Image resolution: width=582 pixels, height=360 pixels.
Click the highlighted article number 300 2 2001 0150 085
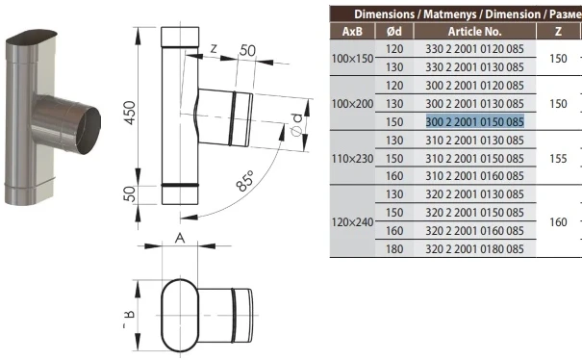pos(474,122)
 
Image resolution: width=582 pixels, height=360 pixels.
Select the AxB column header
pos(352,32)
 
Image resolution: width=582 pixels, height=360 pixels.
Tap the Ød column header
pos(394,32)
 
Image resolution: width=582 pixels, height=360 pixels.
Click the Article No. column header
pos(474,32)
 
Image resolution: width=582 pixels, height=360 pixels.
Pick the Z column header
pos(558,32)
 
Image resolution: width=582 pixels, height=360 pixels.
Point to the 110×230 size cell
pos(352,159)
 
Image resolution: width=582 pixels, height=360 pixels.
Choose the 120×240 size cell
pos(352,222)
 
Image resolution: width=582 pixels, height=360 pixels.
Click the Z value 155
pos(558,159)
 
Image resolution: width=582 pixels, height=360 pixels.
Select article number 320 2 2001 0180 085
pos(474,249)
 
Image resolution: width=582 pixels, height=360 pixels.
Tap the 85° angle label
pos(245,181)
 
